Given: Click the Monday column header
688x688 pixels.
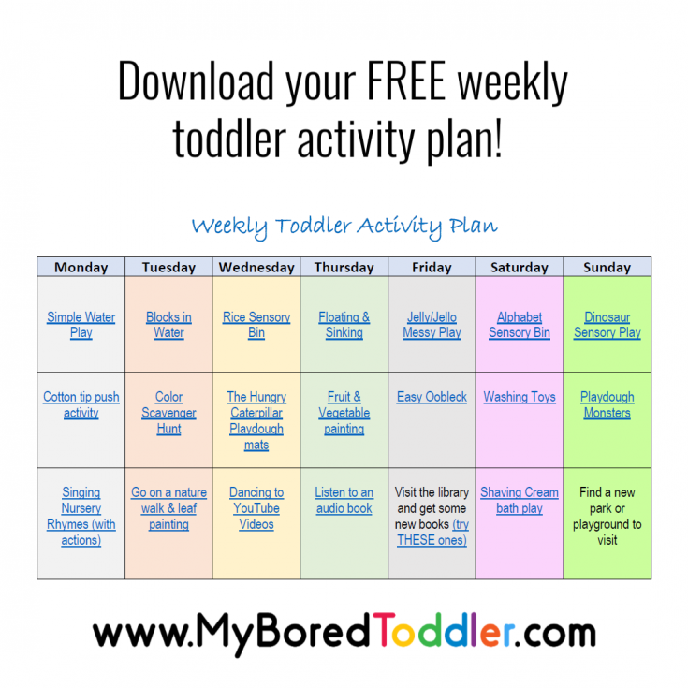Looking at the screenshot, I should tap(81, 267).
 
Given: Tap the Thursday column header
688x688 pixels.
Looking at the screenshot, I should tap(344, 267).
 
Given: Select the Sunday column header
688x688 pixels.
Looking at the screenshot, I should tap(607, 267).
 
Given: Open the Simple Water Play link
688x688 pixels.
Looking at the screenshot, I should tap(81, 325).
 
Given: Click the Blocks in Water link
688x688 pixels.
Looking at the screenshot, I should tap(168, 325).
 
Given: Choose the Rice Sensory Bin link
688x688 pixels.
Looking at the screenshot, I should tap(256, 325).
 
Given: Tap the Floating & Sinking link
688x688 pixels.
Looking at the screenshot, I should tap(344, 325).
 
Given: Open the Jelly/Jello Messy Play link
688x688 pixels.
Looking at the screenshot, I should tap(432, 325).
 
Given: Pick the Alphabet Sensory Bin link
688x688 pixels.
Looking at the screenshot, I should tap(520, 325).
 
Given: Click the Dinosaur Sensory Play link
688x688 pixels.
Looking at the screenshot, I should tap(607, 325).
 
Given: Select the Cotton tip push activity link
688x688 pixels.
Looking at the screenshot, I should tap(81, 404).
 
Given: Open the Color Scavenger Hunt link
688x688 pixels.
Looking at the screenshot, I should tap(168, 413).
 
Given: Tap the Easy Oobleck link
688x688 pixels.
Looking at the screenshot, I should tap(432, 397).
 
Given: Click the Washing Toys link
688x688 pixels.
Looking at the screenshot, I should tap(520, 397).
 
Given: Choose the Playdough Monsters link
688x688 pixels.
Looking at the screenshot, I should tap(607, 404).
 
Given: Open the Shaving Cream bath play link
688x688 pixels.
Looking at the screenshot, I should tap(520, 500).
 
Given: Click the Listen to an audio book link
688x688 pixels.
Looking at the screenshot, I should tap(344, 500).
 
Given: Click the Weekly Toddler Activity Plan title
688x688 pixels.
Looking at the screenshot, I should tap(344, 227).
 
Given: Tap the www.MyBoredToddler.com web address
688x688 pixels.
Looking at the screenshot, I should tap(344, 634).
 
